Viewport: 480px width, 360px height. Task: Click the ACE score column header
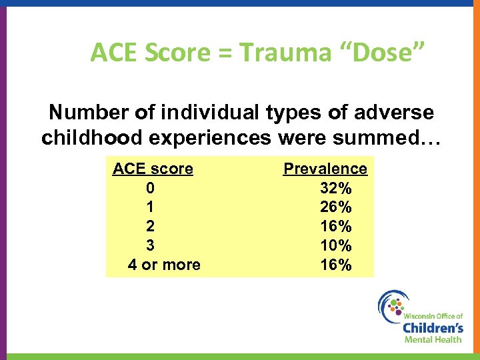tap(153, 169)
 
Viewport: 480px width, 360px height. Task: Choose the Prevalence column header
tap(325, 169)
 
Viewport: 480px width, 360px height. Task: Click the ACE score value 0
tap(151, 188)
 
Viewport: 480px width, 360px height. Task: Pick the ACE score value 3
tap(151, 245)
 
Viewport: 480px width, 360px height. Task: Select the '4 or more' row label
tap(163, 265)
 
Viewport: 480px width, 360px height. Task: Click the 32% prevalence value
tap(336, 188)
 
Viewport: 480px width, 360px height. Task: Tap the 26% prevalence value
tap(336, 207)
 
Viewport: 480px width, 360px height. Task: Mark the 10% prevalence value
tap(336, 245)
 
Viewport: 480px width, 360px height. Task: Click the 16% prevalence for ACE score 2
tap(336, 227)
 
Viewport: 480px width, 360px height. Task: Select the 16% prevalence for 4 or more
tap(336, 265)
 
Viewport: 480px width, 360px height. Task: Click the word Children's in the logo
tap(433, 327)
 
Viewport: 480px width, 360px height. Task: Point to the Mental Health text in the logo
tap(433, 339)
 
